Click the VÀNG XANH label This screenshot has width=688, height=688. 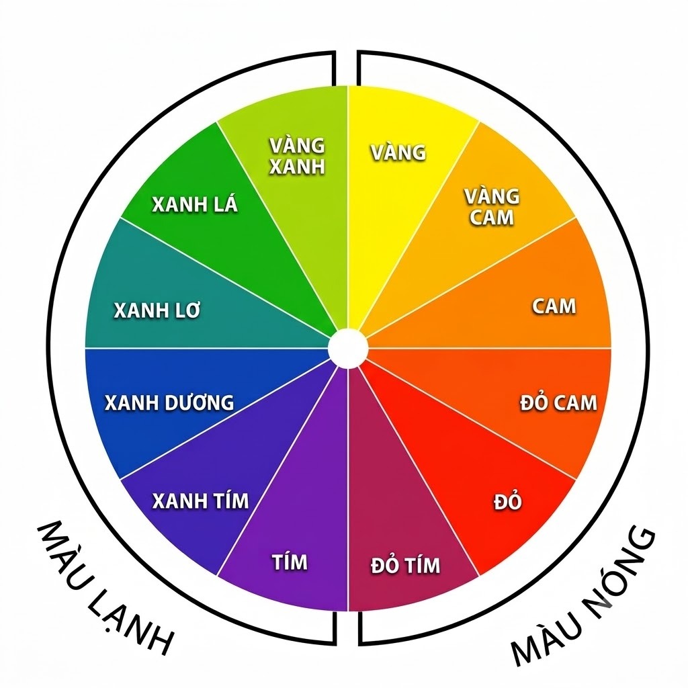297,156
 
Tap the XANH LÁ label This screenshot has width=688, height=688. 195,204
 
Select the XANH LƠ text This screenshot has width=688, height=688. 157,310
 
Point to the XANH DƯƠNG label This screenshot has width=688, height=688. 169,402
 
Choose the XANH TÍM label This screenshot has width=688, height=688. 200,501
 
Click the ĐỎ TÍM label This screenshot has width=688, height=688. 405,564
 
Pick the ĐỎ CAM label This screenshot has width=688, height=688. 558,402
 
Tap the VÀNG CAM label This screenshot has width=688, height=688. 492,207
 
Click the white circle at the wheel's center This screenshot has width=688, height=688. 348,349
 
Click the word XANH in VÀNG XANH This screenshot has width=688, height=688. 297,167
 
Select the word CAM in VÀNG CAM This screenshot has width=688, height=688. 492,217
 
